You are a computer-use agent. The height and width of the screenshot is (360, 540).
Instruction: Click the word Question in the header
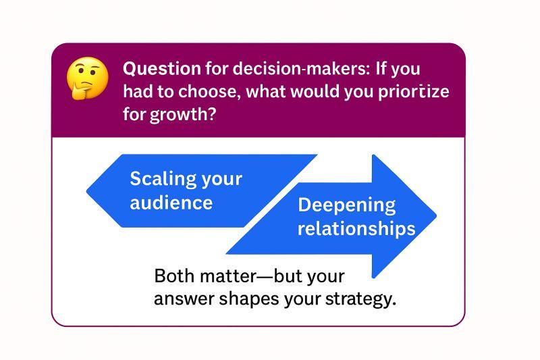coord(161,69)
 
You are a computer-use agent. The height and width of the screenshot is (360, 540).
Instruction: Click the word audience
coord(171,203)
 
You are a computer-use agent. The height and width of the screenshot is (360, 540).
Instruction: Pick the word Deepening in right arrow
coord(346,205)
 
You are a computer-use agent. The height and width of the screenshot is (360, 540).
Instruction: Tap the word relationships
coord(356,228)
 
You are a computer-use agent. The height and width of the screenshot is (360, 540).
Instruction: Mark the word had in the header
coord(138,91)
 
